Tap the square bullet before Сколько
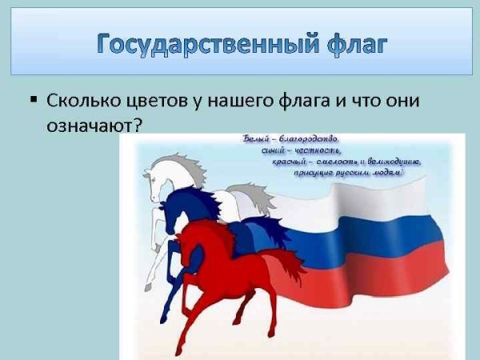[34, 101]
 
